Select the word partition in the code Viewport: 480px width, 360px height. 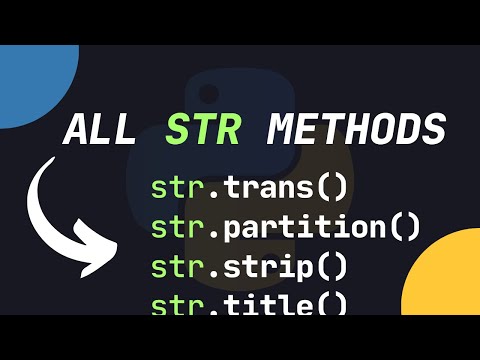310,227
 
